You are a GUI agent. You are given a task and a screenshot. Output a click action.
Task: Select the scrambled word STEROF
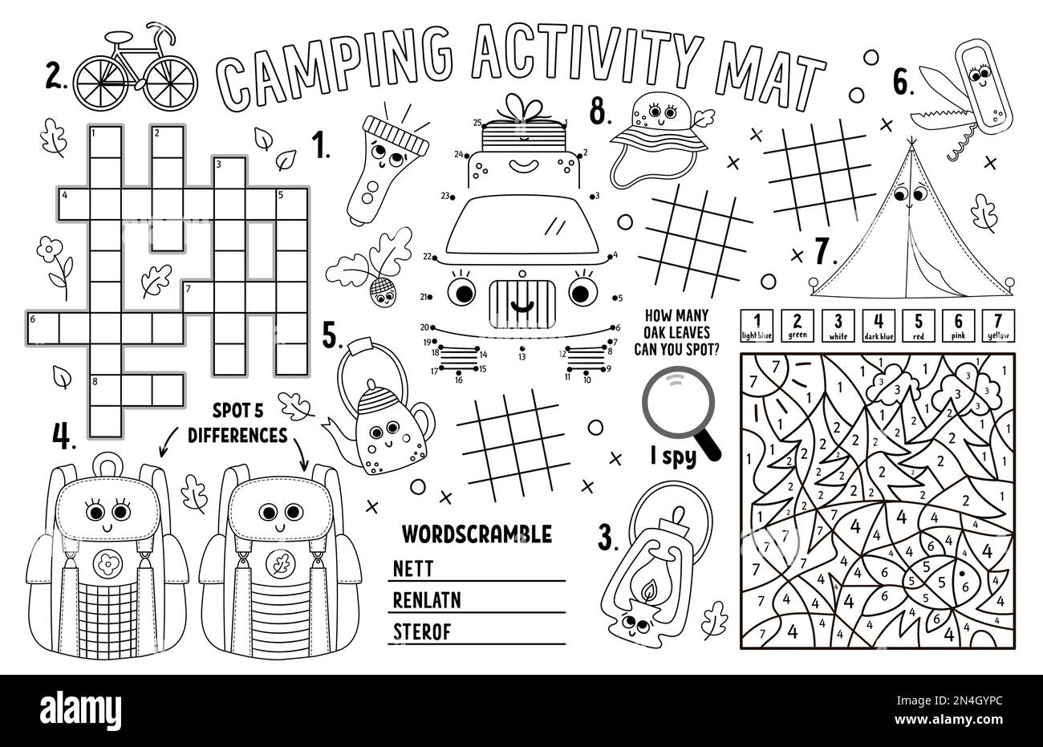coord(422,631)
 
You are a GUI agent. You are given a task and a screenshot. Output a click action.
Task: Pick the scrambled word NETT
coord(413,569)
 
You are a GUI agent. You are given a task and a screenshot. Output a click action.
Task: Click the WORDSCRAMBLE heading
coord(476,533)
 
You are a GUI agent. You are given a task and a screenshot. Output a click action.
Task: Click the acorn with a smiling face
coord(382,292)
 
